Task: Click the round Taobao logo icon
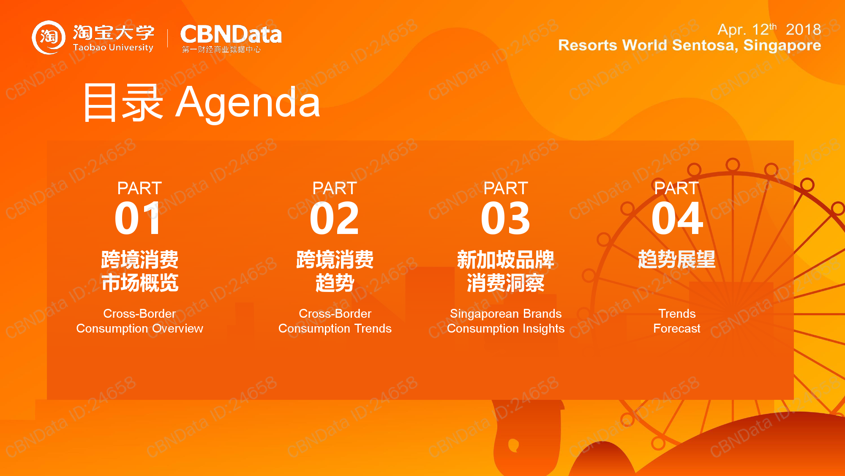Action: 49,37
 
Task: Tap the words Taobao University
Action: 113,47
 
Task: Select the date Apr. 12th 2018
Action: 769,29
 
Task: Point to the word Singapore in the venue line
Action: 782,45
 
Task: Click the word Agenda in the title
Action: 248,103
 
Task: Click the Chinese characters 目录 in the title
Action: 123,103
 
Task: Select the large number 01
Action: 138,218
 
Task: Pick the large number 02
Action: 335,218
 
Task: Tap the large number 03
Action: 506,218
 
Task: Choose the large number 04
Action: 677,218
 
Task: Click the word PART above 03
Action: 506,188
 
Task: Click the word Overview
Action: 177,328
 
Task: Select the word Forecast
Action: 677,328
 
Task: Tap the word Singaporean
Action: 484,314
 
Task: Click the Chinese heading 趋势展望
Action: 677,259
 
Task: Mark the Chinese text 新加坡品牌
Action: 506,259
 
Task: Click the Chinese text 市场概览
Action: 140,283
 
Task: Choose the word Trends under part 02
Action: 373,328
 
